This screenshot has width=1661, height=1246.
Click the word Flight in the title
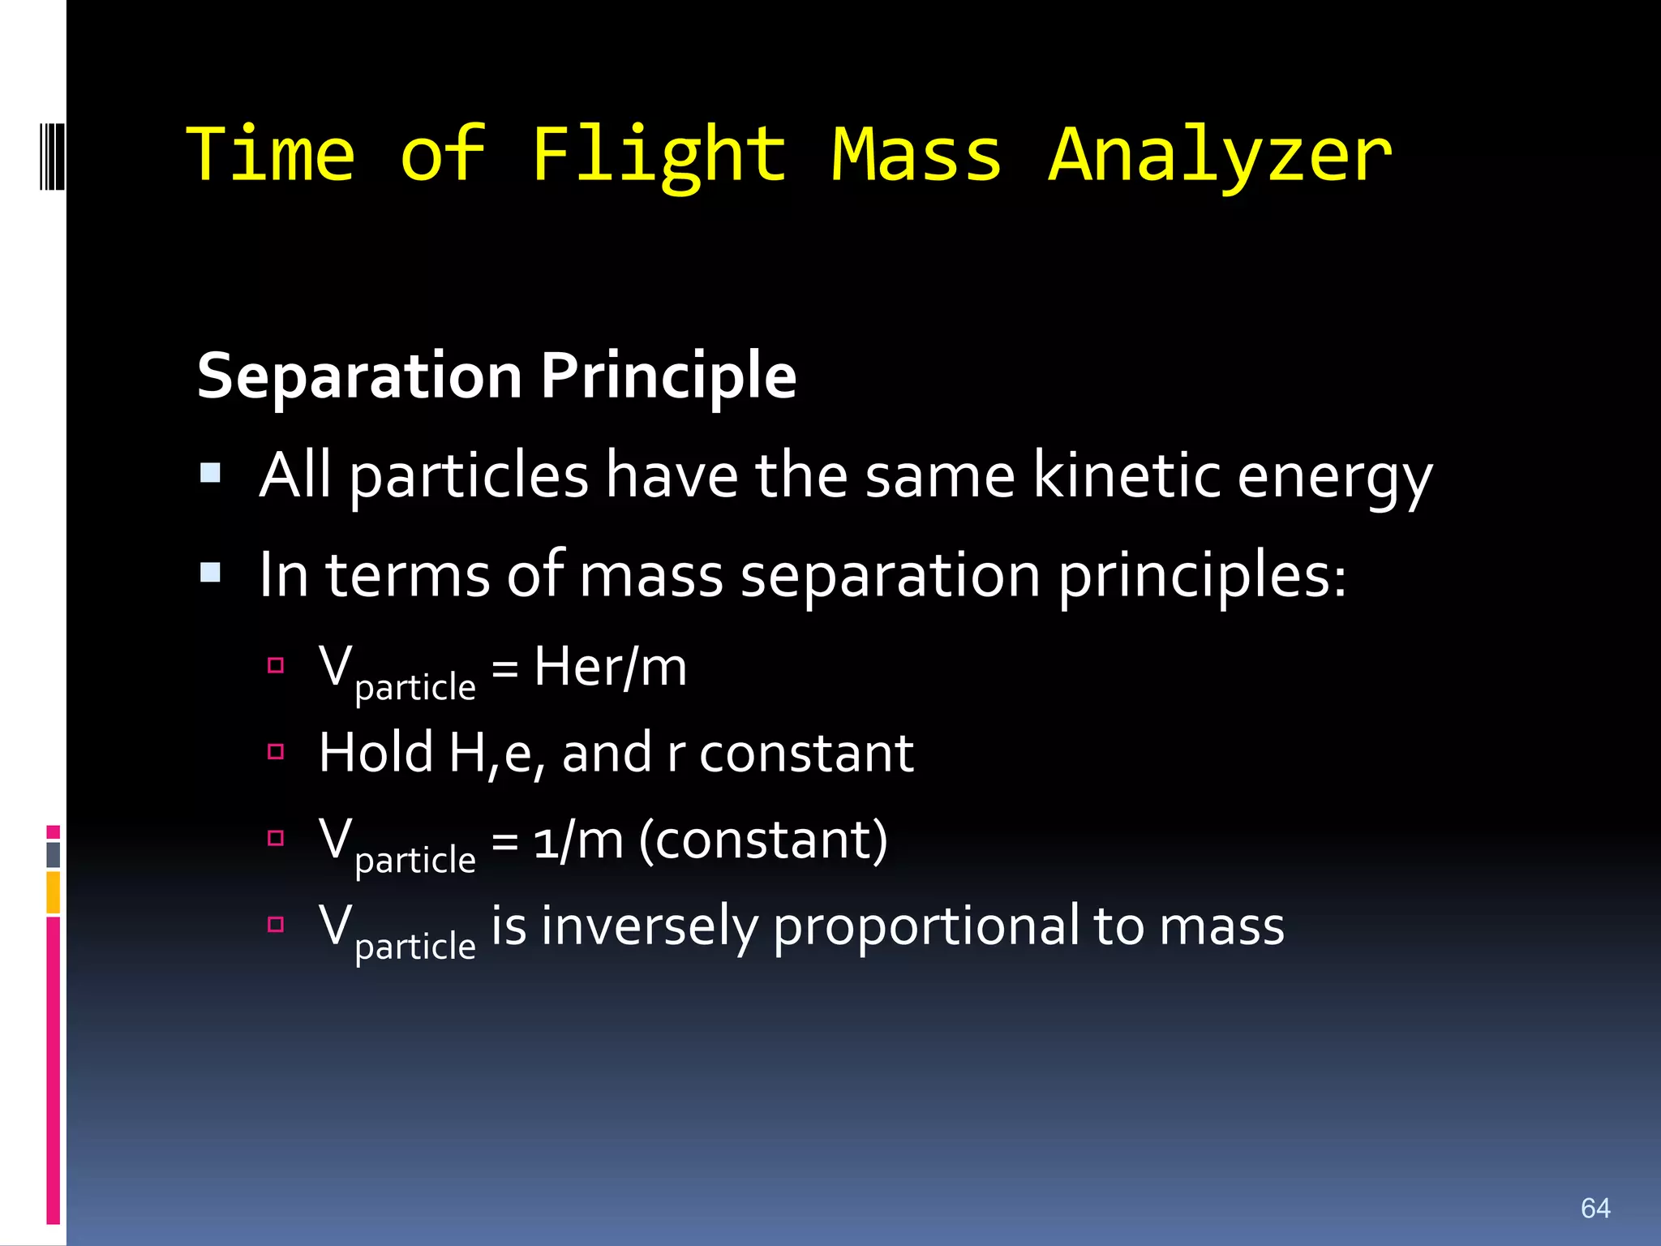tap(659, 156)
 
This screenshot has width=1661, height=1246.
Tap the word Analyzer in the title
tap(1220, 156)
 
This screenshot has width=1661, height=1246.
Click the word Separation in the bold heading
tap(359, 376)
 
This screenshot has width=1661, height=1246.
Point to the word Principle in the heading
tap(668, 378)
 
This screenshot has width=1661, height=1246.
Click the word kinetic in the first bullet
tap(1126, 475)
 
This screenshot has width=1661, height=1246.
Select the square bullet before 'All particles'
tap(211, 473)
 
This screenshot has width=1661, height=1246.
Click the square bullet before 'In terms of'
tap(211, 573)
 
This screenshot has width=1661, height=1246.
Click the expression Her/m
tap(610, 668)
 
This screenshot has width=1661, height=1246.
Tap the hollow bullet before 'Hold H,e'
tap(276, 752)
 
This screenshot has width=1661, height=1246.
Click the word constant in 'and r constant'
tap(806, 754)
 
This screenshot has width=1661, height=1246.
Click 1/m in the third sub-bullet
tap(578, 840)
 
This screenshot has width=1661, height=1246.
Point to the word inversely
tap(649, 927)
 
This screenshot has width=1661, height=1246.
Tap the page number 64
tap(1594, 1209)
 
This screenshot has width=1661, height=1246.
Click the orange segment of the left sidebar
tap(54, 892)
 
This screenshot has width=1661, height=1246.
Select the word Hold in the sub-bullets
tap(376, 753)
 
